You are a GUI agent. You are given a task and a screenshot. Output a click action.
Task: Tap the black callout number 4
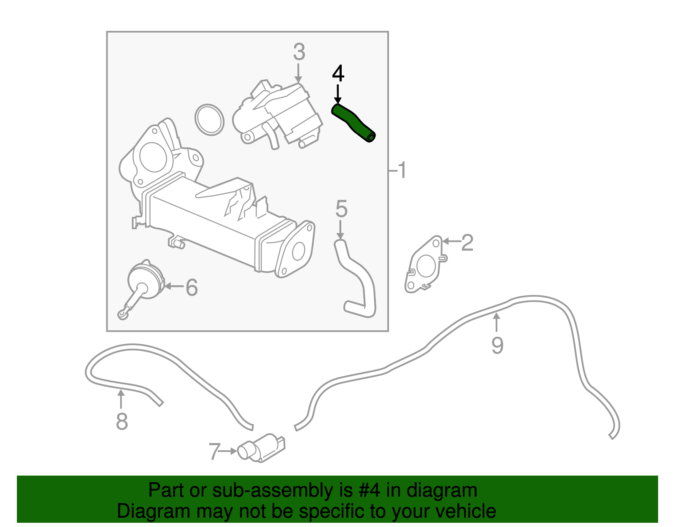coord(338,73)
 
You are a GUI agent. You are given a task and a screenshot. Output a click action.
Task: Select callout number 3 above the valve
coord(299,52)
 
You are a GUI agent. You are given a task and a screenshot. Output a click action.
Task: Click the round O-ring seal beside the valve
coord(210,120)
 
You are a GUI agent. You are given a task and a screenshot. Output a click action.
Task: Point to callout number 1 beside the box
coord(402,170)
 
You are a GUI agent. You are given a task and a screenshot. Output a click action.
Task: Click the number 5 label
coord(341,209)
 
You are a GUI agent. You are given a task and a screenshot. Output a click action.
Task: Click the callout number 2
coord(467,243)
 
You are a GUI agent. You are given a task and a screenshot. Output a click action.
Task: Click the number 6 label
coord(192,287)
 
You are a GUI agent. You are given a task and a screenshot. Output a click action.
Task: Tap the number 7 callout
coord(215,452)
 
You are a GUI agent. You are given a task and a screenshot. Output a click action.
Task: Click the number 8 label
coord(121,421)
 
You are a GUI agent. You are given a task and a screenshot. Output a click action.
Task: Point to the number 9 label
coord(497,345)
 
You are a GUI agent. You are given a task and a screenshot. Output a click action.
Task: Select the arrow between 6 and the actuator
coord(174,286)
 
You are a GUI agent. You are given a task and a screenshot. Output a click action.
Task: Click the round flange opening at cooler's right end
coord(298,251)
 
